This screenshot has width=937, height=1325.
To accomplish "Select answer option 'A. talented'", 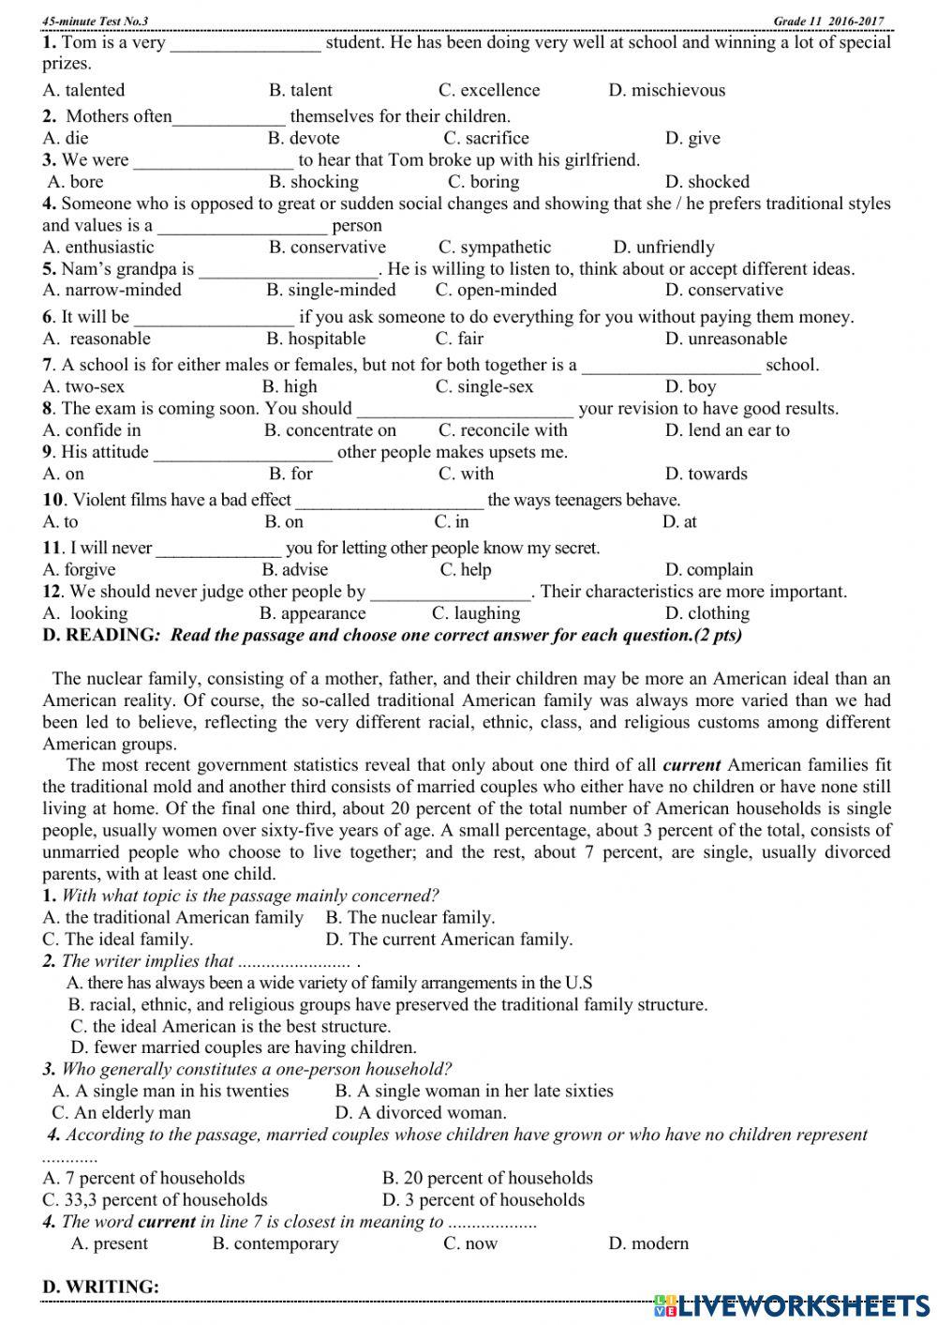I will [83, 91].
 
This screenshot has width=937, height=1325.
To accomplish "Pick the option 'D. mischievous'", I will [666, 91].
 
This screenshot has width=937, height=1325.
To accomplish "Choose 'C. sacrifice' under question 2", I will [485, 139].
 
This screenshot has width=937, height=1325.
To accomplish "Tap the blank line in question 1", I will [245, 43].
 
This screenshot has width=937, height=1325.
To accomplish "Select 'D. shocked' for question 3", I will [706, 182].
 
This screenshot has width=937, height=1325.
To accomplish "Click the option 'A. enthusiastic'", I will [98, 248].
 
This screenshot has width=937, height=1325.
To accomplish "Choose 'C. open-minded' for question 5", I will [496, 291].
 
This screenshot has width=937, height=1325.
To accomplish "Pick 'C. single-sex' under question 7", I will [484, 387].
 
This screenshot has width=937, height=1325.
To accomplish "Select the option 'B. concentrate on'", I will [330, 430].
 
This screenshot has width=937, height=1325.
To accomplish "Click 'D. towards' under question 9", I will [706, 474].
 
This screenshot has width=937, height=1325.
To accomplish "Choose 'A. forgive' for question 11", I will [80, 570].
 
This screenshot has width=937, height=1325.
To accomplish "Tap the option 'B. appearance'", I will [312, 614].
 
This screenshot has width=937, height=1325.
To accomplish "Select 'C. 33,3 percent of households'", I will [155, 1200].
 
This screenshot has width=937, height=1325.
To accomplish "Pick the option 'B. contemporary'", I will [275, 1244].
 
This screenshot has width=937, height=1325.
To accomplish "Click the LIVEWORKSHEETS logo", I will [792, 1304].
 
